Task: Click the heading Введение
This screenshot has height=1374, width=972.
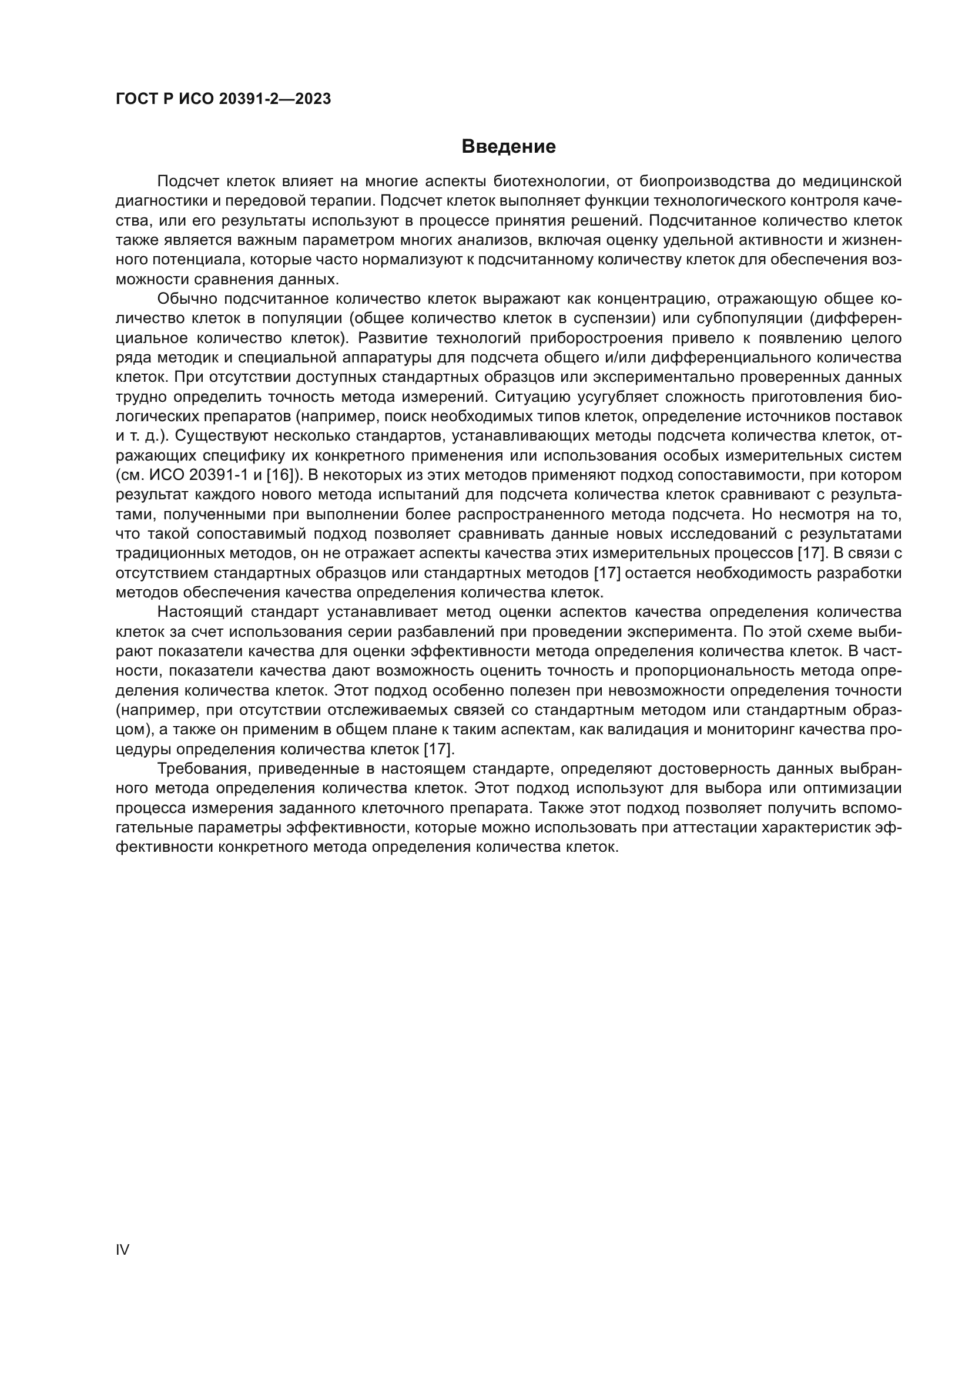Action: [508, 147]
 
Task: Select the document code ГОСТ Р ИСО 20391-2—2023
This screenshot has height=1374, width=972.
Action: [223, 99]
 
